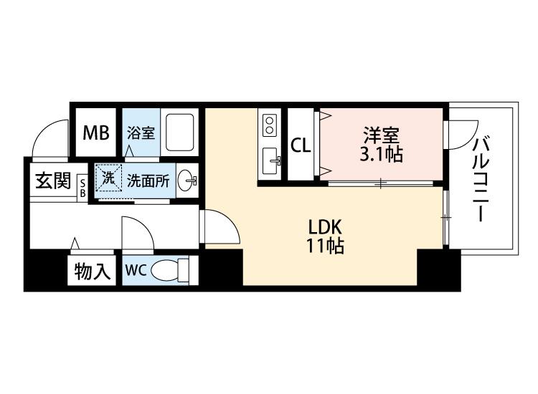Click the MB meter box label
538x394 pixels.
click(x=96, y=133)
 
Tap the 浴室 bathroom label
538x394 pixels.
click(x=141, y=133)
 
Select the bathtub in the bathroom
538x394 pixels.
click(x=179, y=133)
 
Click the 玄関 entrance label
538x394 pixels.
click(x=53, y=181)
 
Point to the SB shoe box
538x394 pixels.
click(x=82, y=187)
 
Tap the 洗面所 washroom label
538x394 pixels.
click(x=148, y=181)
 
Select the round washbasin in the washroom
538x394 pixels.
click(x=187, y=181)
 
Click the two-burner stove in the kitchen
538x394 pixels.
click(x=270, y=125)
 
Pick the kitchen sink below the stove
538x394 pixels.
click(x=271, y=161)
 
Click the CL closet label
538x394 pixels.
click(x=301, y=145)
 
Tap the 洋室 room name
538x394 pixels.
click(x=381, y=135)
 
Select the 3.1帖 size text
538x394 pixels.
click(x=381, y=155)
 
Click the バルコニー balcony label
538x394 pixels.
click(x=481, y=178)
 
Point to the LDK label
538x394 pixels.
click(x=324, y=227)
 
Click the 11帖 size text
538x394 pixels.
click(x=325, y=246)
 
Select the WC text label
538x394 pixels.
click(x=136, y=270)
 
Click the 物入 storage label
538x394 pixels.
click(x=93, y=272)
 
